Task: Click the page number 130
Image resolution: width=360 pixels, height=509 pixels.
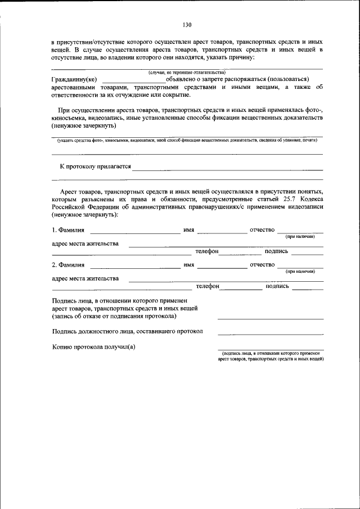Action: point(187,24)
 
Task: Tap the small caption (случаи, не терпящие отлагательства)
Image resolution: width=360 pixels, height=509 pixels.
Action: point(186,73)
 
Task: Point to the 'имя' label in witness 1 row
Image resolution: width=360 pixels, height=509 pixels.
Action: point(188,230)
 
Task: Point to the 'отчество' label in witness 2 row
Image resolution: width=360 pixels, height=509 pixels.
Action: point(262,264)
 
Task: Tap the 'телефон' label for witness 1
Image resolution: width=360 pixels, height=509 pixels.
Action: point(206,251)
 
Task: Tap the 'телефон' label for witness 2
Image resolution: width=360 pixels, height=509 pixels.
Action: point(206,286)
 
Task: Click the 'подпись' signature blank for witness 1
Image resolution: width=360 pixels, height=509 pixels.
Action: point(307,253)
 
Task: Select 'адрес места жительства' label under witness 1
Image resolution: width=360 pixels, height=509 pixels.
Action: point(85,244)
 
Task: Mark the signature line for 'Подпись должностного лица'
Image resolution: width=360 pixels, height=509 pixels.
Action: point(270,335)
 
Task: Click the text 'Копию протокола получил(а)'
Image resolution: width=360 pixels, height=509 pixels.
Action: point(94,346)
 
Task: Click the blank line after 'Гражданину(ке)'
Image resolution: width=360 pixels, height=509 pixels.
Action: point(134,82)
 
